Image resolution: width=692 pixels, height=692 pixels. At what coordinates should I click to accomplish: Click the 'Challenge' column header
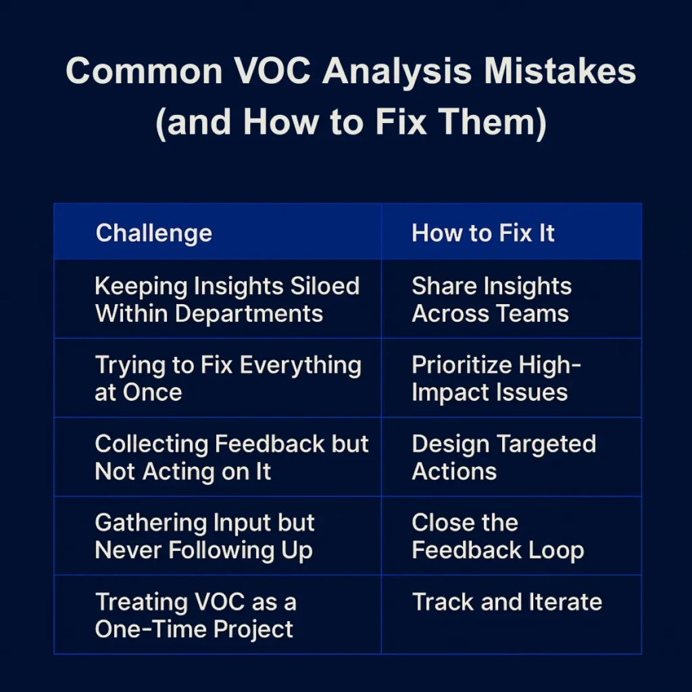154,233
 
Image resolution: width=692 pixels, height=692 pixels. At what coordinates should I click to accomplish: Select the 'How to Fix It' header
483,233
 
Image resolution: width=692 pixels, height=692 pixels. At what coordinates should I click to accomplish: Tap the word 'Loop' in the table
557,550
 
